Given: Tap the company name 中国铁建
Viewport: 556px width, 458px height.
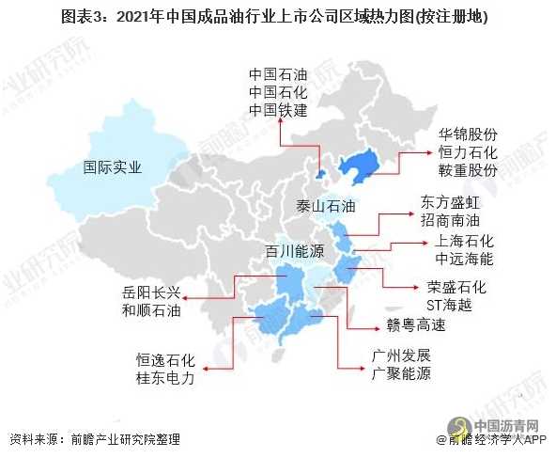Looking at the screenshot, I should pyautogui.click(x=279, y=110).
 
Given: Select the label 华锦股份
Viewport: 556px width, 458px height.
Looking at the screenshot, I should pyautogui.click(x=467, y=134).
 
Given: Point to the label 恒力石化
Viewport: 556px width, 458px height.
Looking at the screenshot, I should pyautogui.click(x=467, y=152).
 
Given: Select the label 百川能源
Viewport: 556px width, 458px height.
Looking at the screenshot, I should pyautogui.click(x=294, y=252).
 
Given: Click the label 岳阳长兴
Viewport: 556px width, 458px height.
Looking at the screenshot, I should pyautogui.click(x=152, y=290).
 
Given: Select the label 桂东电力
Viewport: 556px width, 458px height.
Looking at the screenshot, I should pyautogui.click(x=165, y=376).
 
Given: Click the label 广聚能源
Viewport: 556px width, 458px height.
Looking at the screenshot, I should pyautogui.click(x=400, y=374).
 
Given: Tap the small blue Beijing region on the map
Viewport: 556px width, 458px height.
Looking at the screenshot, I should pyautogui.click(x=320, y=175).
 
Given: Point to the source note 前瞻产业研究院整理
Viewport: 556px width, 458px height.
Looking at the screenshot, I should pyautogui.click(x=126, y=440).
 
